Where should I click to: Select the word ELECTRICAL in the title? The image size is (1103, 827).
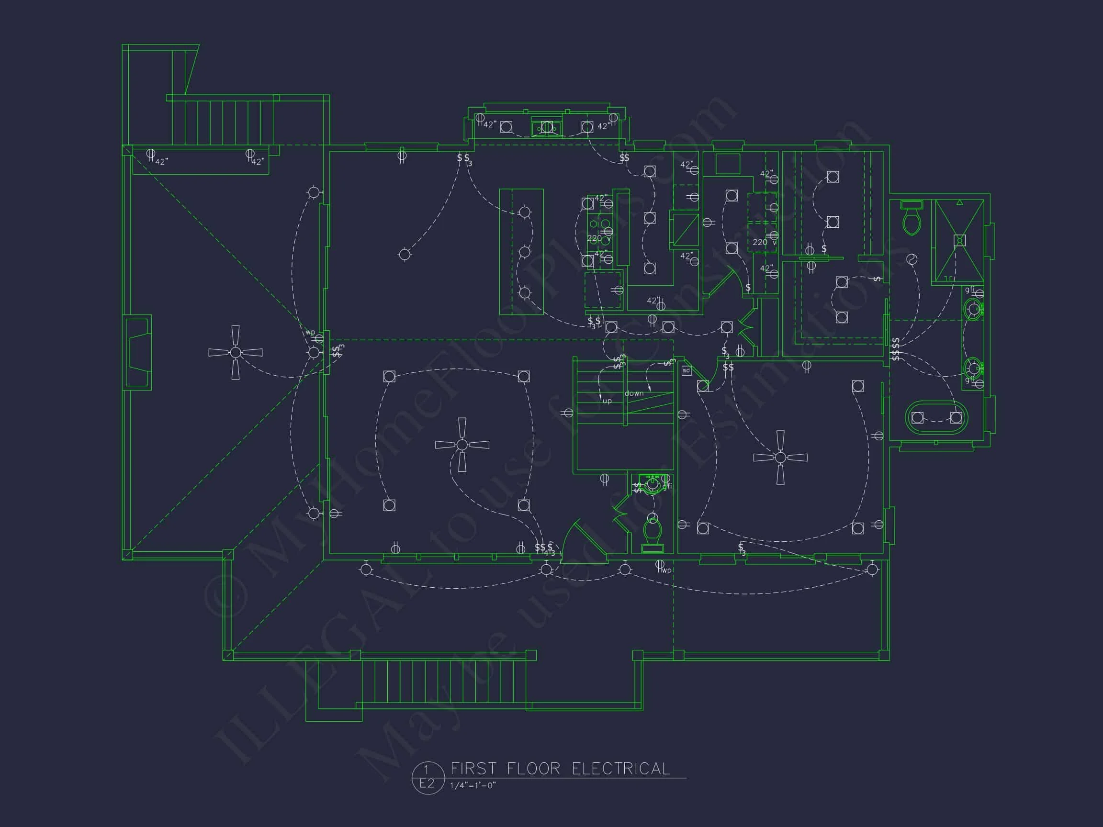[621, 769]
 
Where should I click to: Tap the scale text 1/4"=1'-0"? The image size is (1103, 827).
[473, 786]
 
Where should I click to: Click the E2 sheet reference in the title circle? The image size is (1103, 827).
[427, 783]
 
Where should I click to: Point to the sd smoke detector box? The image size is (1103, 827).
[687, 370]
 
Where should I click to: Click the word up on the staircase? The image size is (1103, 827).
[607, 401]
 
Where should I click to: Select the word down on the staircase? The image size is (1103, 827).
[634, 393]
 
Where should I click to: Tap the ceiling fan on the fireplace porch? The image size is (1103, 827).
[236, 352]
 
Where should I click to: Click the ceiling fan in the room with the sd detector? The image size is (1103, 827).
[780, 457]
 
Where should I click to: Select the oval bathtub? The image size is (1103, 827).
[936, 418]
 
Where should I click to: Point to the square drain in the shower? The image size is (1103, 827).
[959, 241]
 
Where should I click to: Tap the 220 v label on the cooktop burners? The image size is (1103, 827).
[598, 238]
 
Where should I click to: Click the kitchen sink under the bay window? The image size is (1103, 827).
[547, 128]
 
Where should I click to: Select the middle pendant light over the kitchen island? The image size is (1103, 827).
[525, 252]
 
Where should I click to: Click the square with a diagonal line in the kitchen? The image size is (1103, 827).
[686, 230]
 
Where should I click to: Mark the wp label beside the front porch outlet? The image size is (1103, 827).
[667, 570]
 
